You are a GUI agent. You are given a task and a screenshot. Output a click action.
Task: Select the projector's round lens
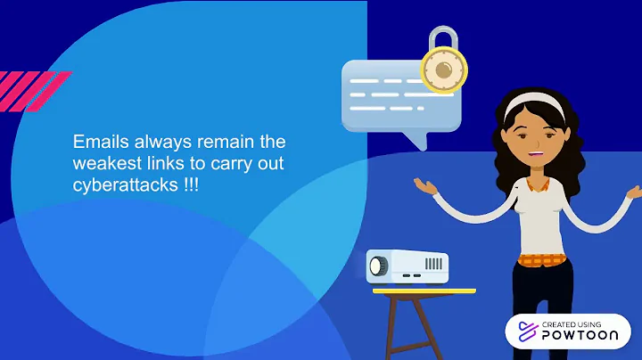coord(378,266)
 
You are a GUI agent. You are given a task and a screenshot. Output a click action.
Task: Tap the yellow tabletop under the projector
coord(423,290)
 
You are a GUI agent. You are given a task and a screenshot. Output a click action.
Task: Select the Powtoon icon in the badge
coord(523,331)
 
